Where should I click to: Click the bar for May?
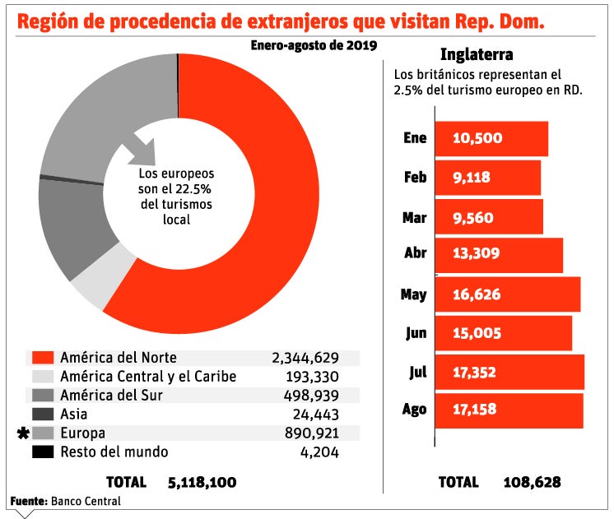[507, 294]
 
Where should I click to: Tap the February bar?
[487, 177]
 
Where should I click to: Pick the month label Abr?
[416, 253]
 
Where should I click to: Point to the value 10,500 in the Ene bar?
[477, 138]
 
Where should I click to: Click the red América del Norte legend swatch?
[44, 358]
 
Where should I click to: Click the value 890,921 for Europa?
[310, 433]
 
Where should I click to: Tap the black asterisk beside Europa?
[22, 433]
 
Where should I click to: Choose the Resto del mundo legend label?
[114, 452]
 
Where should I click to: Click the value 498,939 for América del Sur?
[310, 396]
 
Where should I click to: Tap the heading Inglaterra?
[477, 56]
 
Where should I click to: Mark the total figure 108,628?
[532, 482]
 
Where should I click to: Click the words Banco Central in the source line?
[86, 501]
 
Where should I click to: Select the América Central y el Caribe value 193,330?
[310, 377]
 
